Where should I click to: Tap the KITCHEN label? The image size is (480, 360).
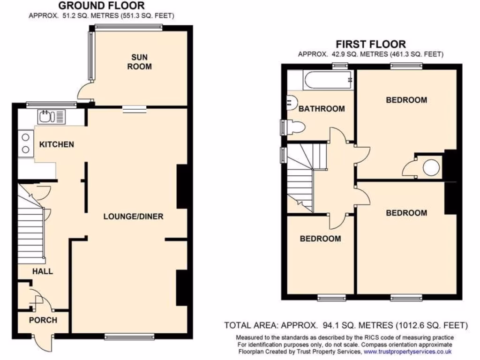coord(56,144)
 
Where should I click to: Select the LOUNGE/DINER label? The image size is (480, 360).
coord(133,217)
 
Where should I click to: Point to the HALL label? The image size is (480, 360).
coord(42,271)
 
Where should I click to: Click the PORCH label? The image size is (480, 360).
coord(43,320)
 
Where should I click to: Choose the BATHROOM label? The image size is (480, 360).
coord(322,109)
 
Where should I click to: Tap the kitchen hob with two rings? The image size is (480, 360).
coord(25,144)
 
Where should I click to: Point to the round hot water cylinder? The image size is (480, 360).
coord(431,166)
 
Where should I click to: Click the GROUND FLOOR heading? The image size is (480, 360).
coord(101,6)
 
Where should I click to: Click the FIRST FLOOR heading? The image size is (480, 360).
coord(371,45)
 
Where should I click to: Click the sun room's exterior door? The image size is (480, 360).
coord(84,91)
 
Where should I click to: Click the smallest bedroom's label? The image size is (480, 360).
coord(320,239)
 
